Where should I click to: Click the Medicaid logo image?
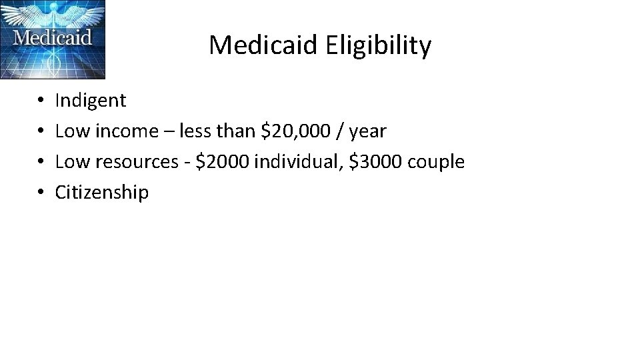coord(53,39)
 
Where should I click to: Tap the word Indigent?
coord(90,101)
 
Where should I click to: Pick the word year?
coord(367,132)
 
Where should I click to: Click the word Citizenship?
coord(101,193)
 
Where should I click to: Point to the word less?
coord(195,131)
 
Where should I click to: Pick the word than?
coord(236,131)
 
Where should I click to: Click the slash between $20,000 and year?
coord(341,131)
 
